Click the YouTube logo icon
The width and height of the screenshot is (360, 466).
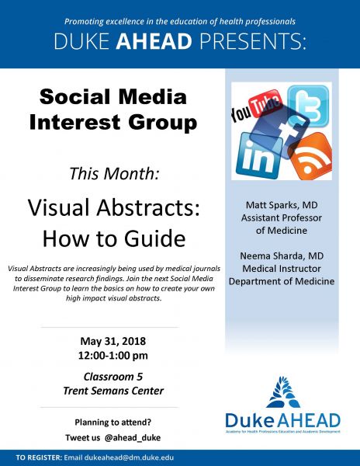[256, 106]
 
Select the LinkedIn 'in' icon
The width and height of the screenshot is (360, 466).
[258, 155]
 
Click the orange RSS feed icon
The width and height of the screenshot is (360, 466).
[311, 156]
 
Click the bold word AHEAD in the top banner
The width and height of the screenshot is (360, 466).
[154, 41]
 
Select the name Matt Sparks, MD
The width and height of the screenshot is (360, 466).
[282, 205]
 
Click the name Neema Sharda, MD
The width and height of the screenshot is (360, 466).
[282, 256]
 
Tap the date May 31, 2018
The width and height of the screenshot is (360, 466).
[113, 341]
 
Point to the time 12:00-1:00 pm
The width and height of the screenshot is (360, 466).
[113, 356]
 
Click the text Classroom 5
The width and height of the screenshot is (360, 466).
[113, 377]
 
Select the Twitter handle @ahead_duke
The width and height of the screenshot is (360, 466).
[133, 438]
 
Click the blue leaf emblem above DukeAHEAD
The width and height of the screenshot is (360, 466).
[283, 391]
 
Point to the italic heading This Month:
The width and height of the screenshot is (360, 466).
[114, 173]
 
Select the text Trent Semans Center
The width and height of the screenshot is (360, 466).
[113, 391]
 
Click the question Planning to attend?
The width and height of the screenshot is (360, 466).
[113, 423]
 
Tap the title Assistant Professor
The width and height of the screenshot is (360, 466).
[282, 217]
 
